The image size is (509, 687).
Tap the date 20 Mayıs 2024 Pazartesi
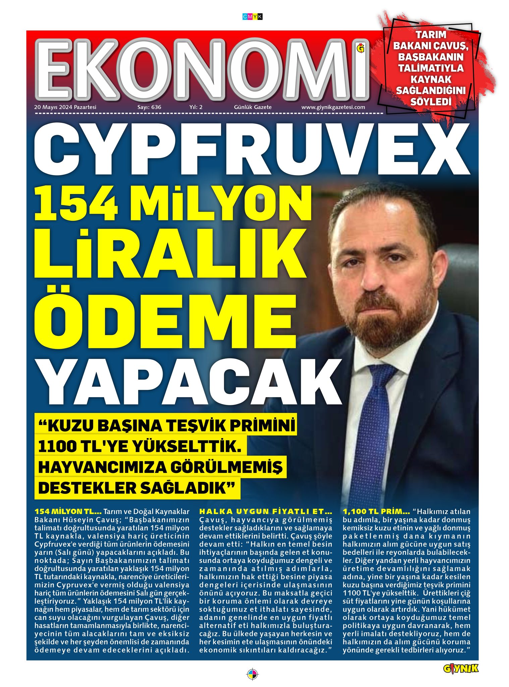(x=65, y=107)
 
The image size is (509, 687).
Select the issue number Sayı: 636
(x=149, y=107)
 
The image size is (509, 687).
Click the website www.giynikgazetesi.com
(x=333, y=107)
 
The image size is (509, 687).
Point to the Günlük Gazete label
(x=253, y=107)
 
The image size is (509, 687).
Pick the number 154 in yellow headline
(x=75, y=203)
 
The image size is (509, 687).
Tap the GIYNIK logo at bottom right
(x=460, y=668)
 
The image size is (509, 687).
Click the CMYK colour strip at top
(x=252, y=16)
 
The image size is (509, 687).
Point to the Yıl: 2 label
(x=196, y=107)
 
